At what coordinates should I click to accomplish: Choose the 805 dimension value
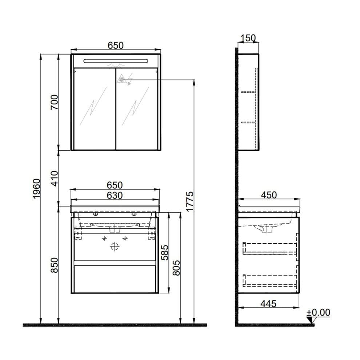point(176,268)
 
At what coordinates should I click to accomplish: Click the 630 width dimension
point(114,195)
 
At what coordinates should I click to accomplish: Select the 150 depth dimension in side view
point(248,38)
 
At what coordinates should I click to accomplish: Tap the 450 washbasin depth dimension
point(269,195)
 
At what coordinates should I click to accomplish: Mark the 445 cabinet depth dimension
point(268,303)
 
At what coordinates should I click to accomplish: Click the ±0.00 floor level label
point(318,312)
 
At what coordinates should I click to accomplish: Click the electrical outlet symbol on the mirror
point(121,79)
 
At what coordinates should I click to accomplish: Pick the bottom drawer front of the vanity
point(115,278)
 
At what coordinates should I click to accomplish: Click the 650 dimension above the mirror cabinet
point(116,45)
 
